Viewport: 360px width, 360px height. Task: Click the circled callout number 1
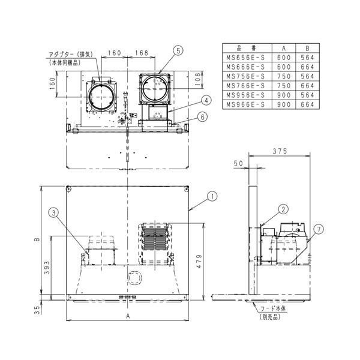212,195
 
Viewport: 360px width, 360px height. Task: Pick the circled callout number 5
178,52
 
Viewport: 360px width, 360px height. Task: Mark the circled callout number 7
319,229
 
